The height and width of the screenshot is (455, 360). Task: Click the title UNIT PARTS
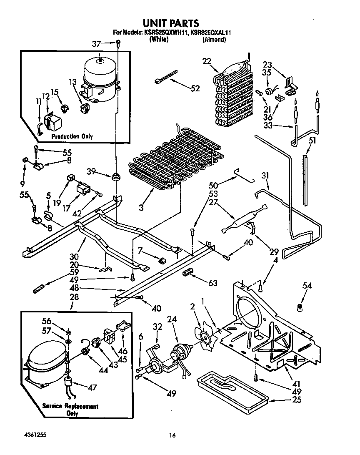coord(171,23)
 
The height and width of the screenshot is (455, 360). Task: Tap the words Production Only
coord(72,136)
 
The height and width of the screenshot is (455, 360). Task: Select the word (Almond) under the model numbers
coord(214,40)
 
